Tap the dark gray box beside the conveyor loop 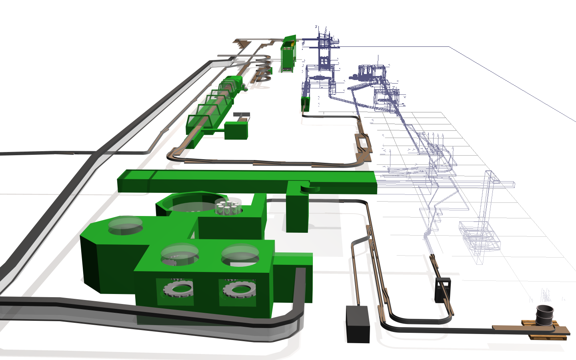(358, 324)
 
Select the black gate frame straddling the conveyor (443, 290)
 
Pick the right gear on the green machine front (239, 288)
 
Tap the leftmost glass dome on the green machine (126, 225)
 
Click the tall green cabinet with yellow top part (288, 56)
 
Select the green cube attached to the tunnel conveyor (236, 130)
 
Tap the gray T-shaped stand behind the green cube (242, 116)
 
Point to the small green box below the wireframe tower (305, 103)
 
